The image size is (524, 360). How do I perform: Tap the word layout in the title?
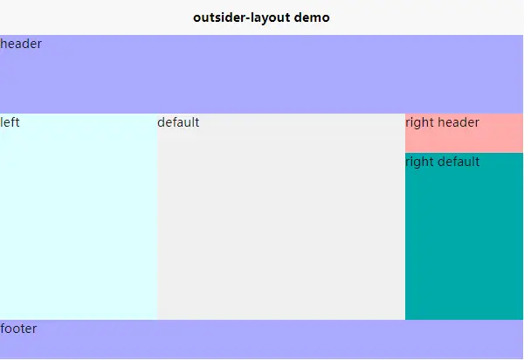(x=271, y=18)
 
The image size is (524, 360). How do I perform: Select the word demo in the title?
(x=312, y=17)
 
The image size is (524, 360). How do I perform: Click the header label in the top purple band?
(x=21, y=44)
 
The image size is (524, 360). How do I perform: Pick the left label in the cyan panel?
(x=10, y=122)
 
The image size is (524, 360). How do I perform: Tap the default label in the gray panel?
(x=178, y=122)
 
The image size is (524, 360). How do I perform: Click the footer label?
(x=18, y=329)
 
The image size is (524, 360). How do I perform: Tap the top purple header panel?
(x=262, y=74)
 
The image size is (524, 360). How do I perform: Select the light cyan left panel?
(x=79, y=217)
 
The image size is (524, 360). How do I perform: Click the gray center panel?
(x=281, y=217)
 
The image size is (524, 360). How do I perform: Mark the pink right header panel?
(x=465, y=134)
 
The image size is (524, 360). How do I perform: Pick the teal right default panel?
(x=465, y=236)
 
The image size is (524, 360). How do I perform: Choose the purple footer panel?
(x=262, y=339)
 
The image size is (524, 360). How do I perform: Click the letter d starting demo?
(x=298, y=17)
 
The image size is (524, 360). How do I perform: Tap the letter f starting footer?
(x=3, y=329)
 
